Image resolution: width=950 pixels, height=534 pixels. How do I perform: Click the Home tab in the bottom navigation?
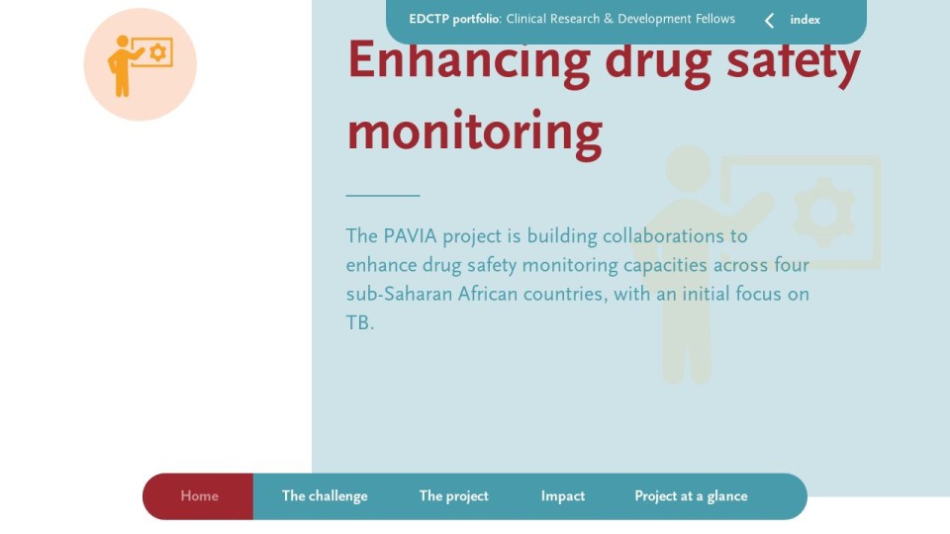point(199,495)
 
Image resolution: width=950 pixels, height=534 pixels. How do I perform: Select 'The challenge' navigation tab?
point(325,496)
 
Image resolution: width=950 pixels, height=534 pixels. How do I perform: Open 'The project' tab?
point(453,496)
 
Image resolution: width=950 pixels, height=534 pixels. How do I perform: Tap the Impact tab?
point(563,496)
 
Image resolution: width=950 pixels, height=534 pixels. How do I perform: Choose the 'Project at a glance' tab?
point(691,496)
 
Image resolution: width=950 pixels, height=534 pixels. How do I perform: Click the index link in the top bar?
point(805,20)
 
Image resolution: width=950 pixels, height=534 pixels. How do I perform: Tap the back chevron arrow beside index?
point(769,21)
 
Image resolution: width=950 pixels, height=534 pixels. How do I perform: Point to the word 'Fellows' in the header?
point(714,19)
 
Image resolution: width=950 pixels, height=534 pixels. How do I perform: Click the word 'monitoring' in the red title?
point(474,132)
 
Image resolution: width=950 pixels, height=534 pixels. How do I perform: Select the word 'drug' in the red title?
point(658,61)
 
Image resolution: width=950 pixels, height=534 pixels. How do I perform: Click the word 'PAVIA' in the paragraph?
point(410,235)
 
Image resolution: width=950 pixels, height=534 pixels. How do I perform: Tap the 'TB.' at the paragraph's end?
point(360,322)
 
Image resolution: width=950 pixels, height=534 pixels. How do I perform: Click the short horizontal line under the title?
point(383,196)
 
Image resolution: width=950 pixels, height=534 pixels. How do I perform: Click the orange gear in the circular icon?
point(157,52)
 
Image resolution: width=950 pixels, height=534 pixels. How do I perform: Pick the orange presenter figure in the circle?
point(123,66)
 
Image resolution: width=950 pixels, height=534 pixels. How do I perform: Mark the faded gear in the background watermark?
point(823,213)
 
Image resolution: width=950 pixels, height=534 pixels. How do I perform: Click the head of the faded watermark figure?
point(689,168)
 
